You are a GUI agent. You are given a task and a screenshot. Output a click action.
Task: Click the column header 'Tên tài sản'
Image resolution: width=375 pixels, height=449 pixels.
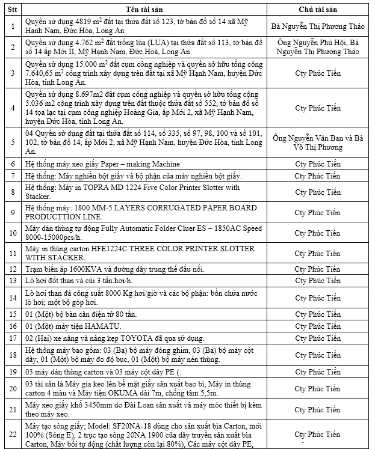[139, 11]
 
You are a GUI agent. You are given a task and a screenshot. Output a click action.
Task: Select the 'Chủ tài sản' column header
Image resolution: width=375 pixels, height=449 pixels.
[317, 11]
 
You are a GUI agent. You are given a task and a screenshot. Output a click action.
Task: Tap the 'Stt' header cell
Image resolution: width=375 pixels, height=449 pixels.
[13, 11]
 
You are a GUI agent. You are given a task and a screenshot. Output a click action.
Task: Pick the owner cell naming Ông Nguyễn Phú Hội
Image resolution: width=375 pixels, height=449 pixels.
[317, 47]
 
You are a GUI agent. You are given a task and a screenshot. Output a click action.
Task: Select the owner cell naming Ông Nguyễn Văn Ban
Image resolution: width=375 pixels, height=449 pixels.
[317, 142]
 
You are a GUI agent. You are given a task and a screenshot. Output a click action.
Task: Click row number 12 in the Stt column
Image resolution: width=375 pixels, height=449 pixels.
[13, 269]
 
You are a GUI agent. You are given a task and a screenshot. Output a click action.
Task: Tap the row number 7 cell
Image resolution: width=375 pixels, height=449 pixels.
[13, 176]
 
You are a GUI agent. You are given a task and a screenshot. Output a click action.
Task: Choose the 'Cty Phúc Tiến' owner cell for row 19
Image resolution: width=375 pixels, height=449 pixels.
[317, 373]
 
